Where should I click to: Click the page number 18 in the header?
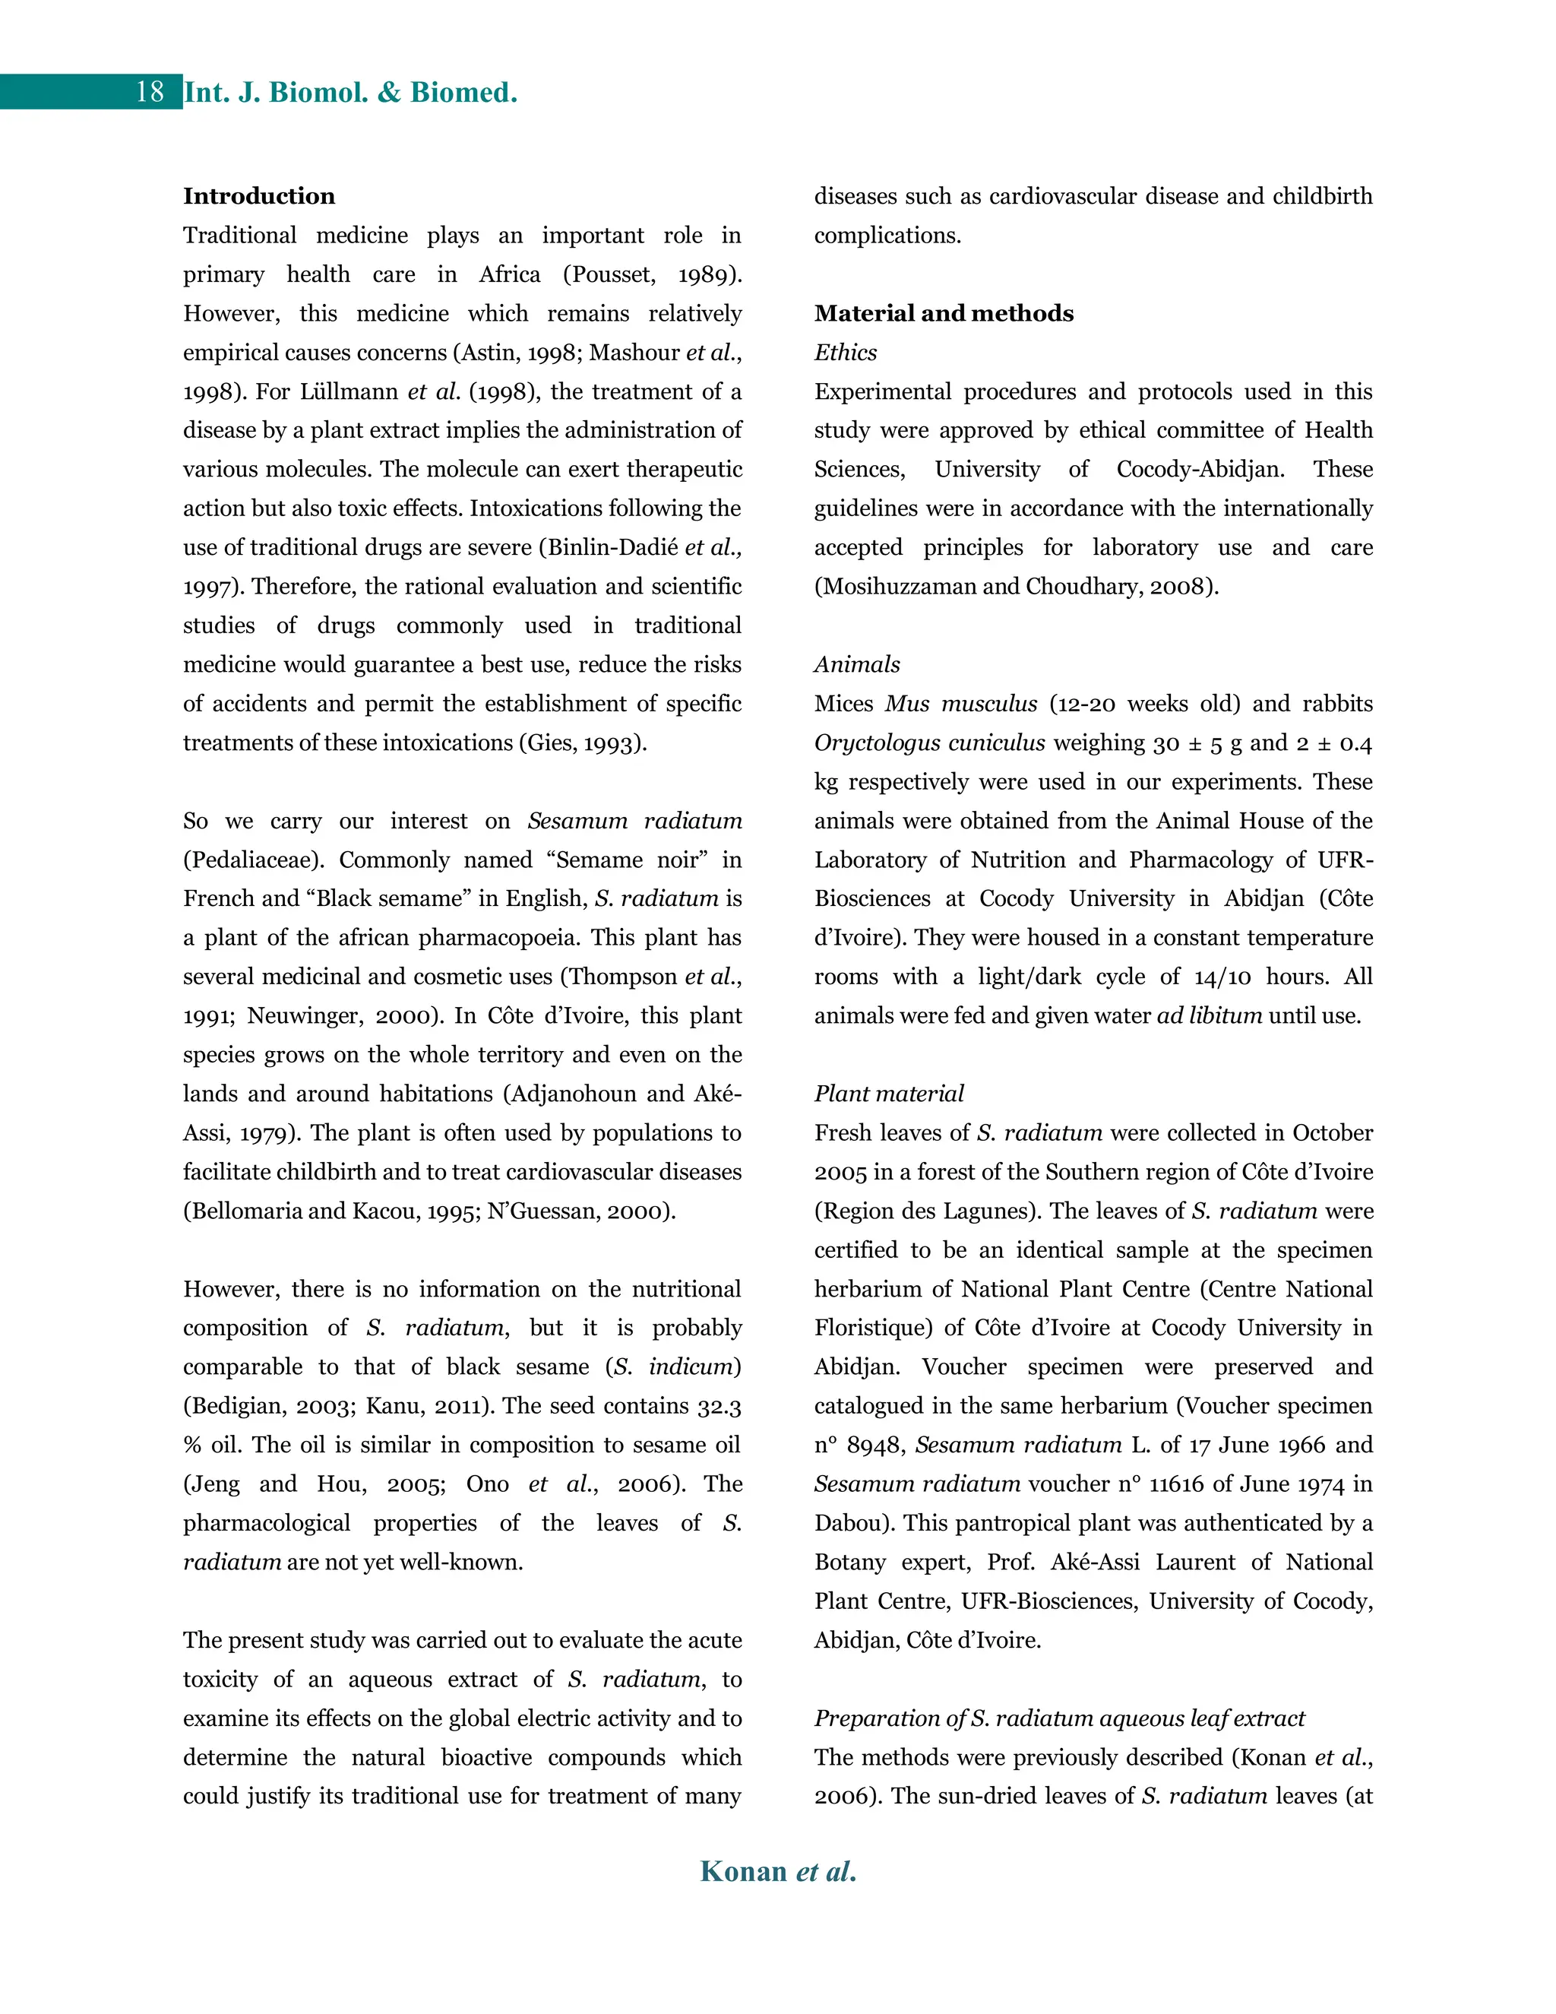[x=150, y=92]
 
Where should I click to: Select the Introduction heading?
[x=259, y=196]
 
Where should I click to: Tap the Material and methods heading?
[x=944, y=314]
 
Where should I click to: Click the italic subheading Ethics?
[x=846, y=353]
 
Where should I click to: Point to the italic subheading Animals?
[x=856, y=665]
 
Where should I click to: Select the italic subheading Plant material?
[x=889, y=1094]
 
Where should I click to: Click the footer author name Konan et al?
[x=778, y=1871]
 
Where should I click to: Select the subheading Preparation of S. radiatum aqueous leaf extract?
[x=1059, y=1718]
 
